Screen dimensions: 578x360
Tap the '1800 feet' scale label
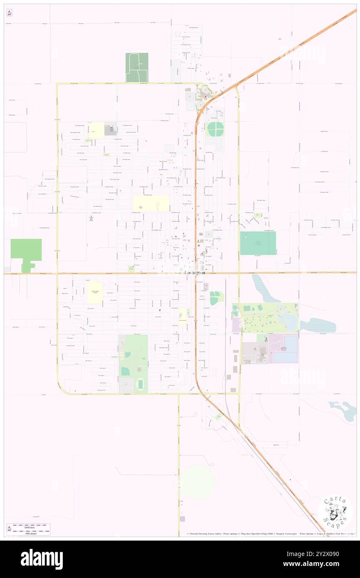[28, 527]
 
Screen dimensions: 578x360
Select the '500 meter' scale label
[28, 534]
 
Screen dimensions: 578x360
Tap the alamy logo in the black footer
[42, 559]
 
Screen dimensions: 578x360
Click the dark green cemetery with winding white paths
[137, 67]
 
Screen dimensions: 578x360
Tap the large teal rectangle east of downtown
[258, 243]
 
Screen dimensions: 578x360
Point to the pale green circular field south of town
[198, 482]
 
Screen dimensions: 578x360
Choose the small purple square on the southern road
[182, 519]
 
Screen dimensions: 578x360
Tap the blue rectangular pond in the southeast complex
[291, 348]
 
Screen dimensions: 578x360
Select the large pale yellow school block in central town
[151, 203]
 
